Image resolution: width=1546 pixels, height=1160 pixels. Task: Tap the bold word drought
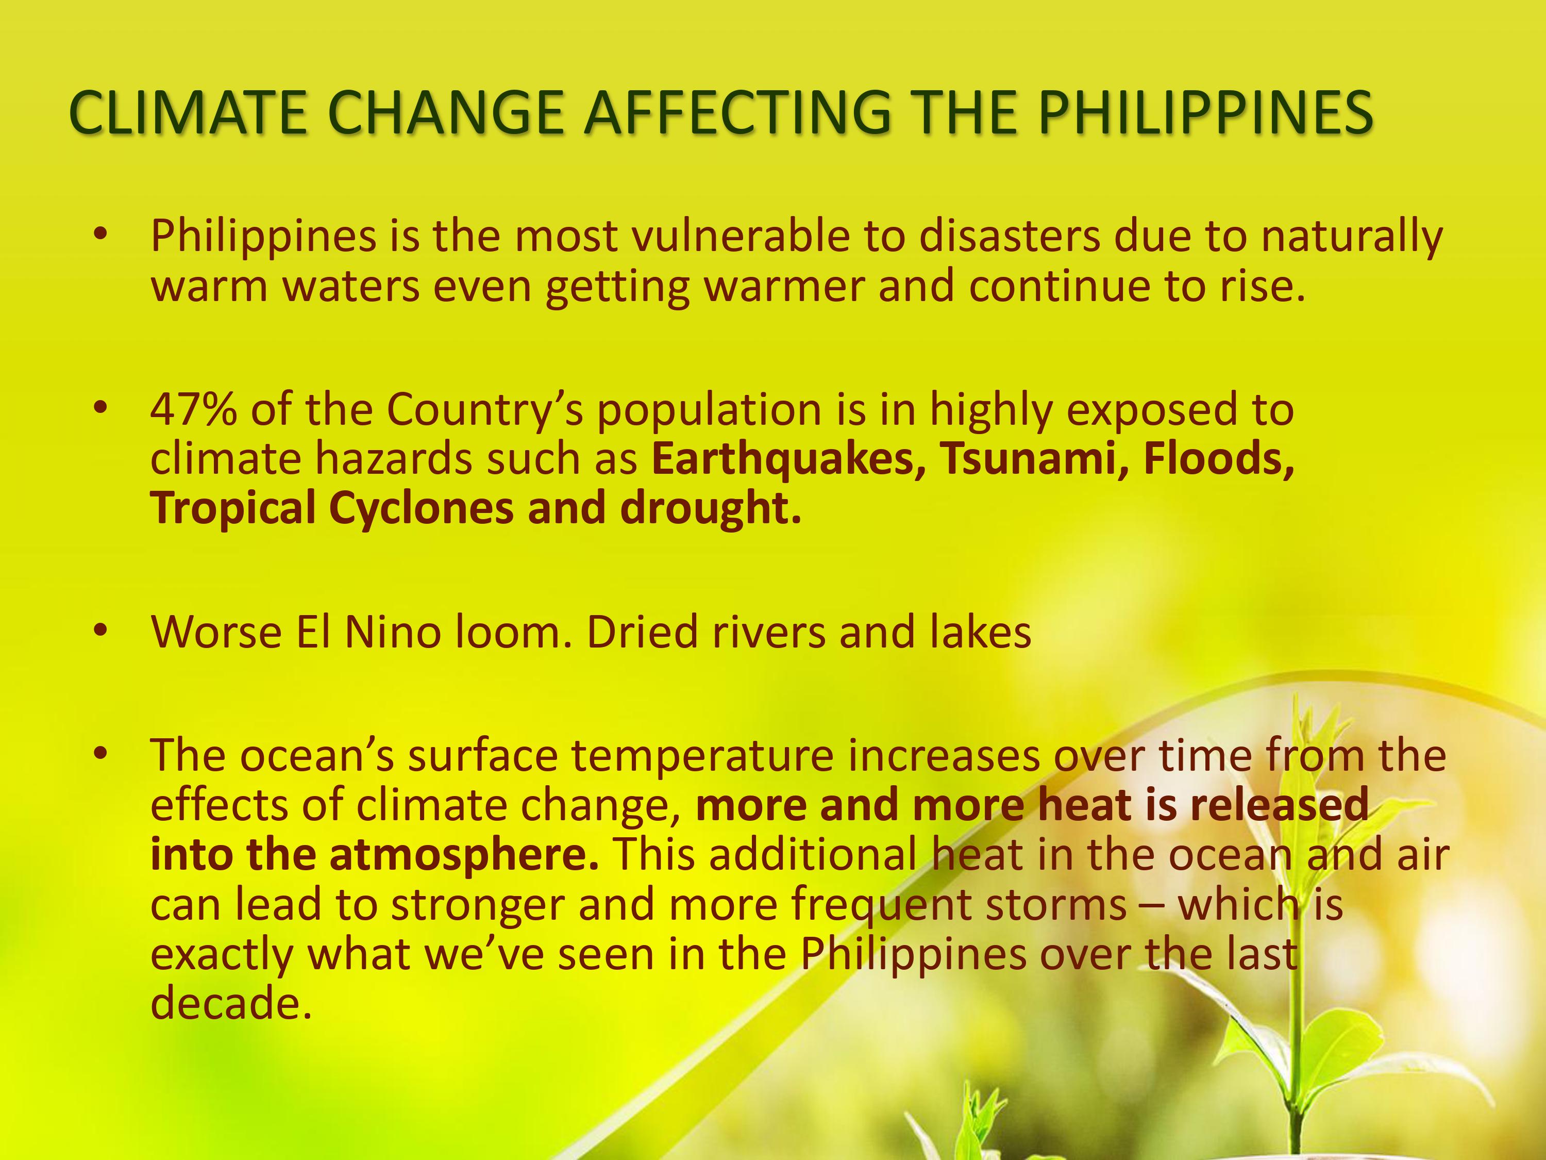710,508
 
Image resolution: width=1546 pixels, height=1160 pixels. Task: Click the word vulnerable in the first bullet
741,236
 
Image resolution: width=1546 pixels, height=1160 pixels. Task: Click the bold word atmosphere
464,854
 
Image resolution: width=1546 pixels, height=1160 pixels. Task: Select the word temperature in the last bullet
702,755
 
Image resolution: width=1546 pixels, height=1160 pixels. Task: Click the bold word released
1279,805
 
